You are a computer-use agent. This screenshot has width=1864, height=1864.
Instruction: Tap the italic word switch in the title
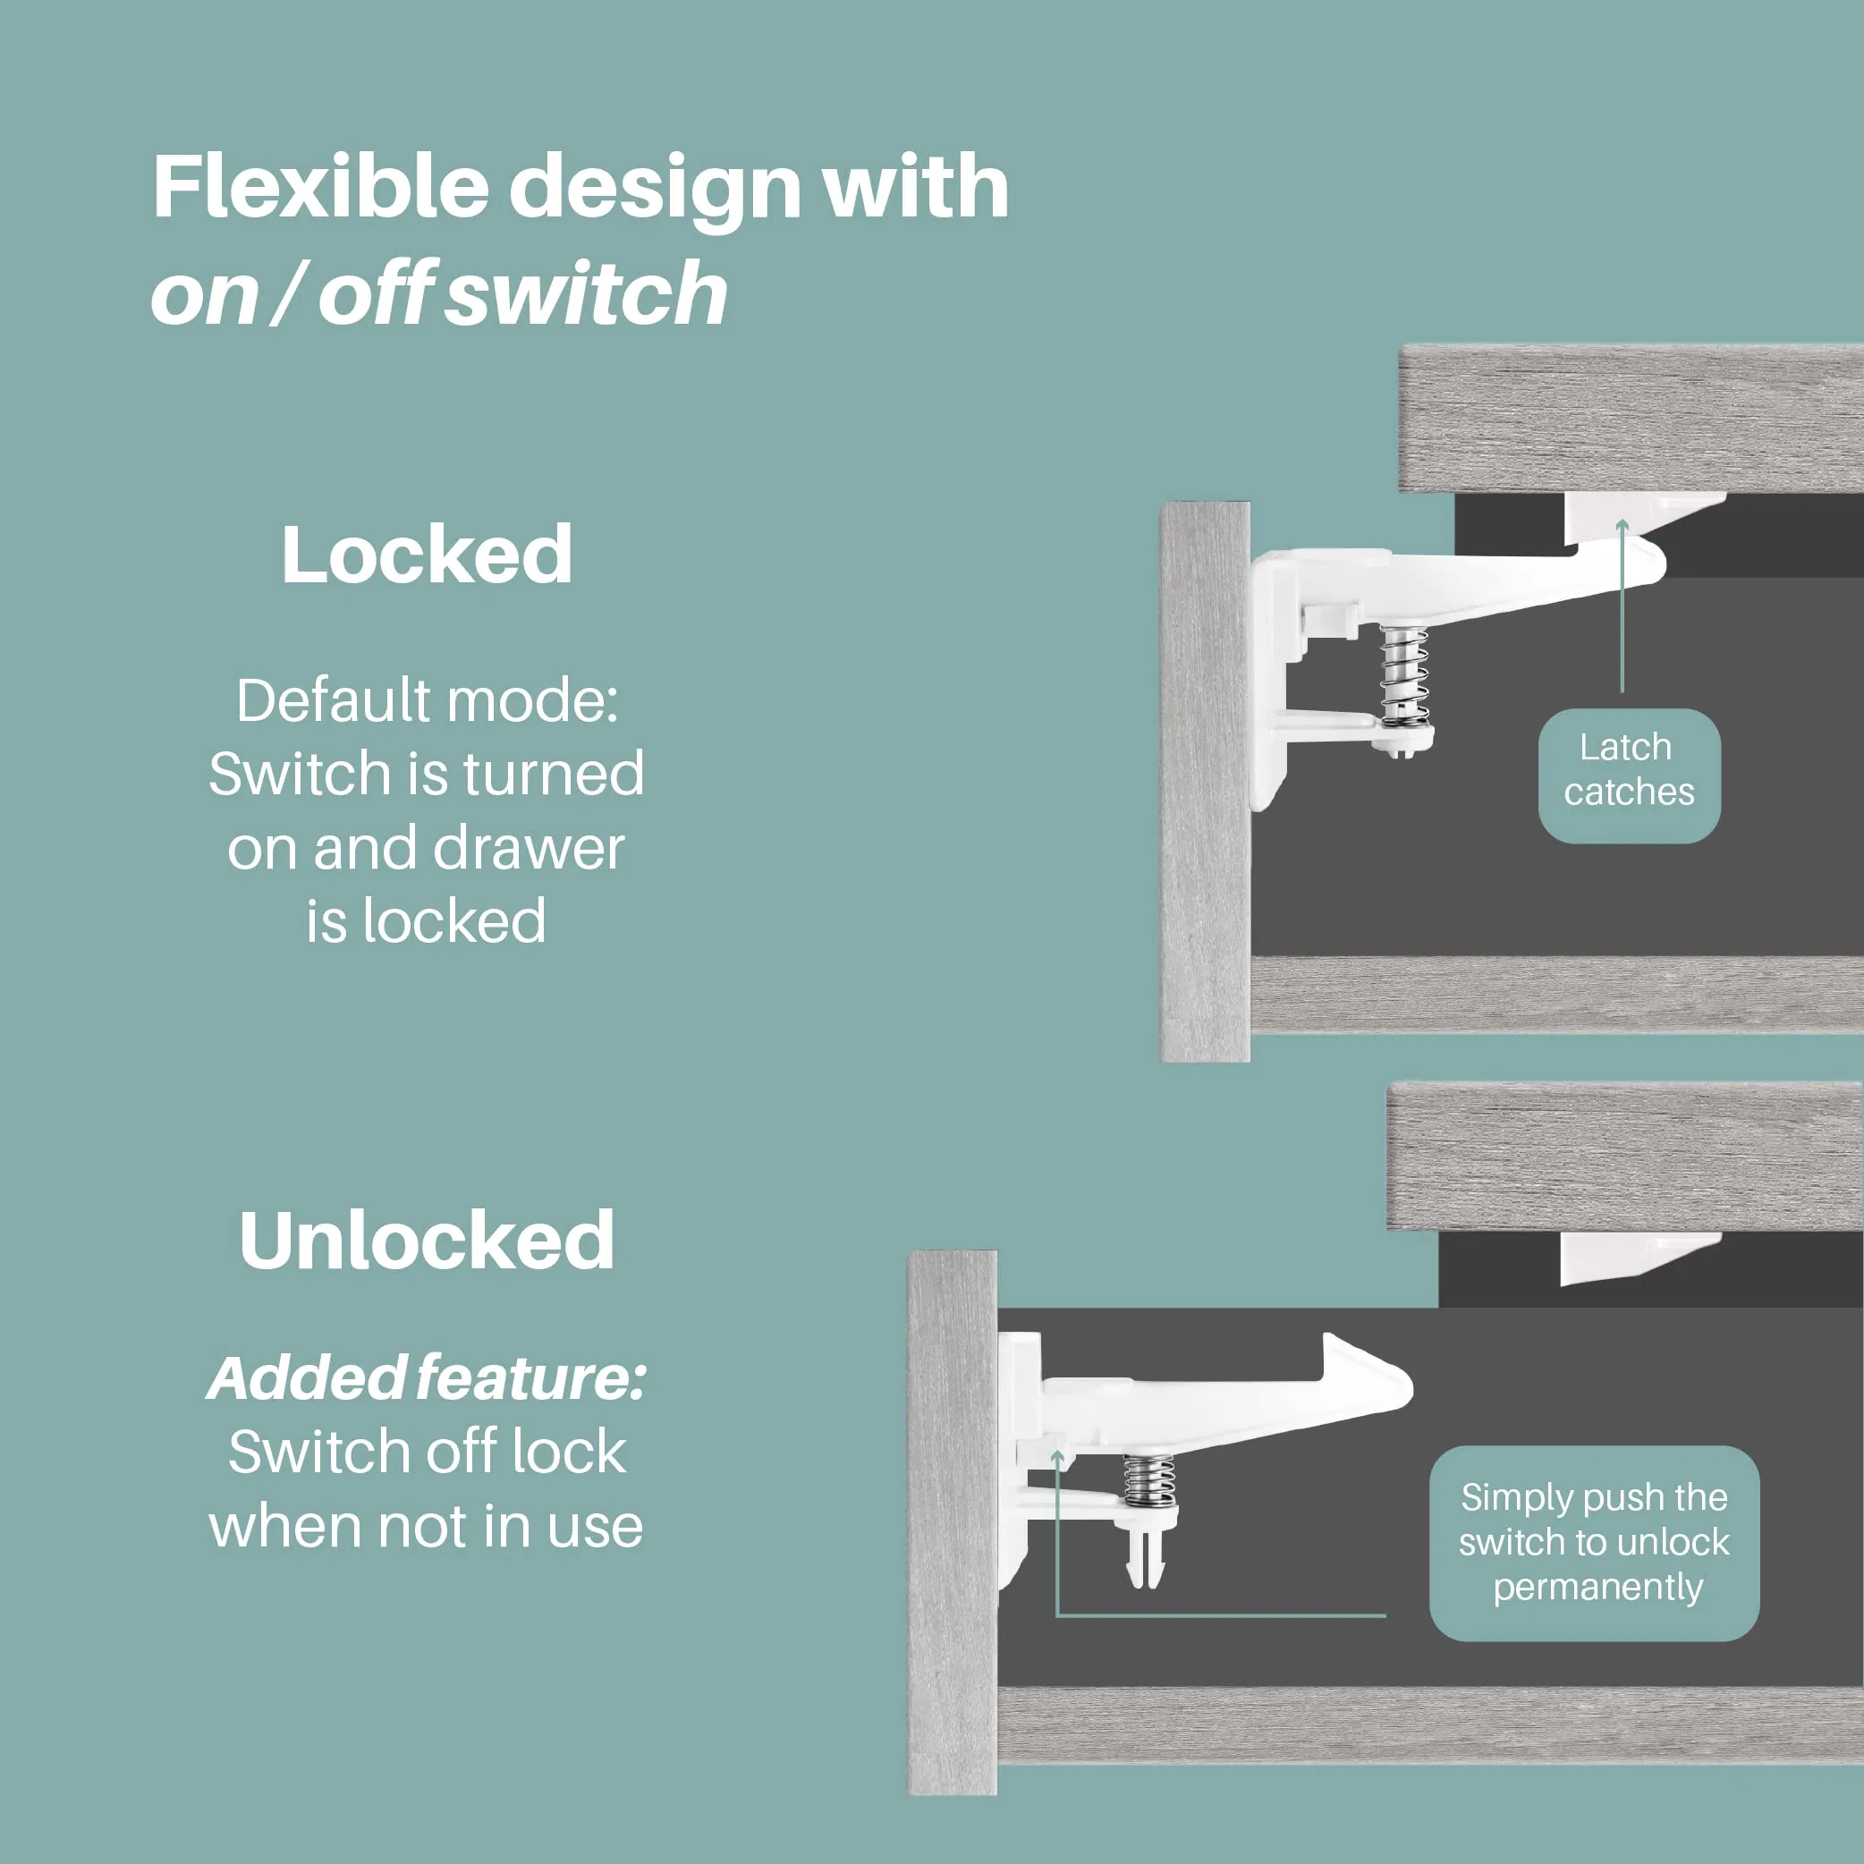(586, 294)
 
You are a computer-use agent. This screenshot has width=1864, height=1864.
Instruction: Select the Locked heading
(427, 555)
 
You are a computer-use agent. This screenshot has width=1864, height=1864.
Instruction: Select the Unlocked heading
(427, 1241)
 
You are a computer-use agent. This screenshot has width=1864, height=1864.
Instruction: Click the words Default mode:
(427, 700)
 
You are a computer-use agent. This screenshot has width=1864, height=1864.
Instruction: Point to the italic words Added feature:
(427, 1378)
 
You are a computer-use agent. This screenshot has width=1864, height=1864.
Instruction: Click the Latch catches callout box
(1629, 775)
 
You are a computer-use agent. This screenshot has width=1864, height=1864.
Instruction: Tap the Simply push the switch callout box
(1594, 1543)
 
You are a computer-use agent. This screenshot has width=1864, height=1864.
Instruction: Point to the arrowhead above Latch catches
(1622, 526)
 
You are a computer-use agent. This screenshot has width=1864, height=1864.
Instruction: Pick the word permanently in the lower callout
(1597, 1587)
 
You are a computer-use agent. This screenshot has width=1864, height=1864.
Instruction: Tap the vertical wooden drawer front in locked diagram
(1204, 782)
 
